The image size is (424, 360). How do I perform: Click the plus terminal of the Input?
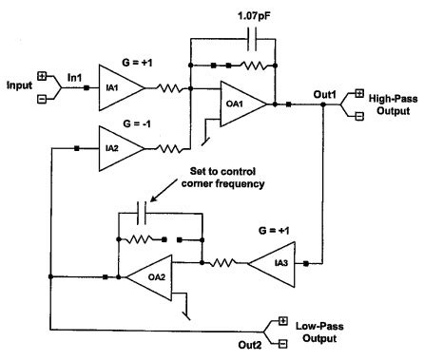click(43, 75)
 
